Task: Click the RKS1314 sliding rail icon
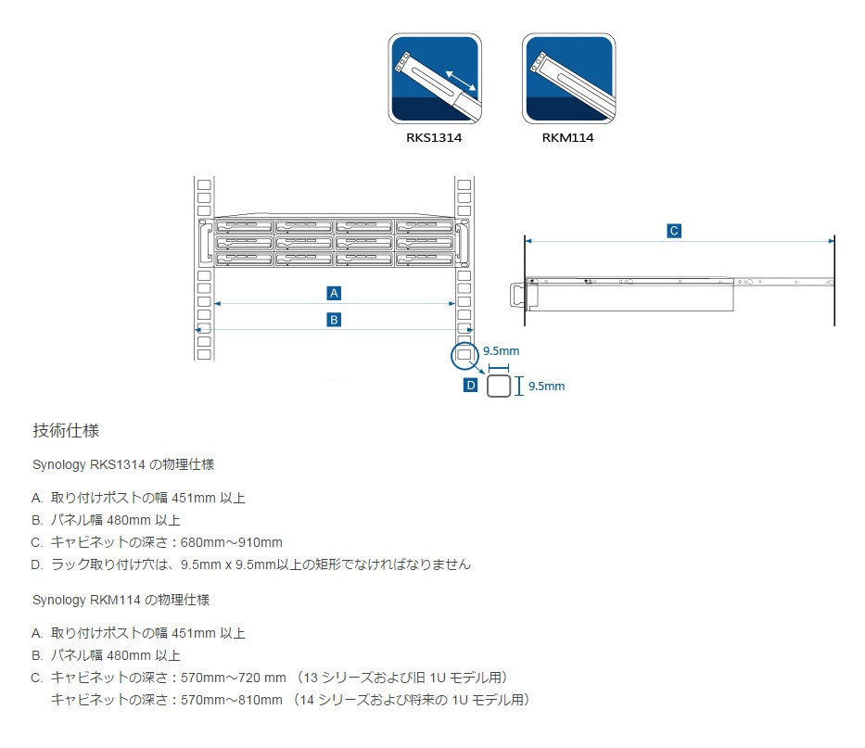435,79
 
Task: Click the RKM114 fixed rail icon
568,79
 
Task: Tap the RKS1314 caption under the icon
435,138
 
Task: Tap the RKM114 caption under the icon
568,138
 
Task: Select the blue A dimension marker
335,293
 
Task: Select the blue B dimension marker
335,319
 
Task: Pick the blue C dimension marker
674,231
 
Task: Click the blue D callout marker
470,385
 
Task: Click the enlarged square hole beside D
499,386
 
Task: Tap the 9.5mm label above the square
501,351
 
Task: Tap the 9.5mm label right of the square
546,387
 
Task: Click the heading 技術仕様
73,431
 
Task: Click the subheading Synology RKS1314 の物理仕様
123,463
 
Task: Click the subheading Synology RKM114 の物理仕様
121,600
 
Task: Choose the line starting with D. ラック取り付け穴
251,564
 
